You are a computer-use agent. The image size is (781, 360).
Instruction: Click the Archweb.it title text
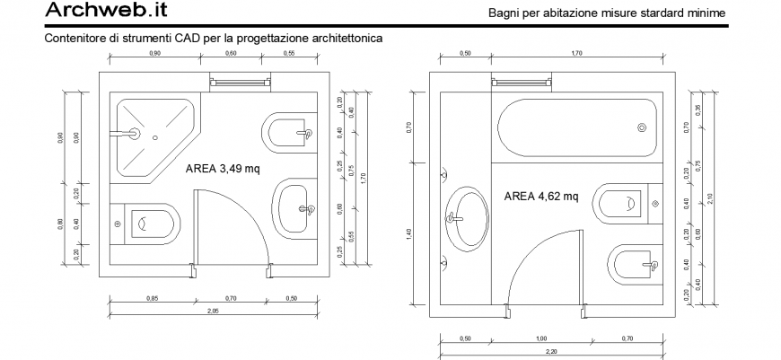click(x=104, y=11)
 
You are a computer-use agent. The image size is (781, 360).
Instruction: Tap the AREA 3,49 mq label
click(x=223, y=168)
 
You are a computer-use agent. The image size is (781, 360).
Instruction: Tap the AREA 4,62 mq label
click(x=541, y=196)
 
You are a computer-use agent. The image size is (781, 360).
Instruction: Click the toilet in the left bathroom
click(x=154, y=223)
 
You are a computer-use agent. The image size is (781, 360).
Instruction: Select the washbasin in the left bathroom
click(x=294, y=208)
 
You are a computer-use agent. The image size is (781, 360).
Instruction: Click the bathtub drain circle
click(x=642, y=127)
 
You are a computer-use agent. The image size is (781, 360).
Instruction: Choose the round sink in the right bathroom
click(x=467, y=218)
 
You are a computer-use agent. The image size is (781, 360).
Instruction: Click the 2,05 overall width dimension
click(x=211, y=310)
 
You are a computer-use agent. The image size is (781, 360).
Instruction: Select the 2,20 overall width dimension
click(x=549, y=351)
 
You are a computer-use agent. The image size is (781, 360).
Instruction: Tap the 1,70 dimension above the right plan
click(x=576, y=54)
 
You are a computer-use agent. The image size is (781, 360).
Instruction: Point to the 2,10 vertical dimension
click(x=710, y=198)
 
